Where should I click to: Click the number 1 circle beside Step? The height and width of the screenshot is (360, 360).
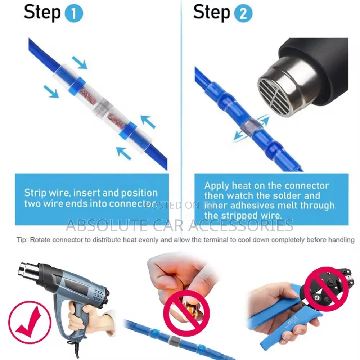74,14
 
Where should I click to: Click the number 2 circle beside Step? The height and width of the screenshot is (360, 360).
243,14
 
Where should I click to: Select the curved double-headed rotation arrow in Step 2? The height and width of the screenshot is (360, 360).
251,128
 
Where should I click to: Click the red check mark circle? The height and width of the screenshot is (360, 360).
30,321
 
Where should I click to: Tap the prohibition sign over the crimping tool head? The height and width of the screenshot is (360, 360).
326,290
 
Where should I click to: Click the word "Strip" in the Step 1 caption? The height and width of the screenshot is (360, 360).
35,193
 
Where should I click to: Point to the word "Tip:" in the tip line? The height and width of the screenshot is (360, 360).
22,240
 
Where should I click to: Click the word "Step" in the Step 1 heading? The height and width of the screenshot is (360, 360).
42,13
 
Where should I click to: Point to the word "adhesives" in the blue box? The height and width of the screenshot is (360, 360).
252,206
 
